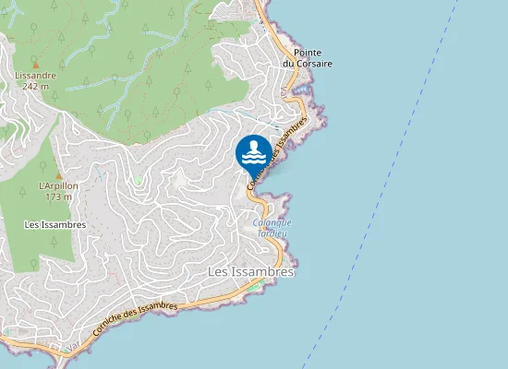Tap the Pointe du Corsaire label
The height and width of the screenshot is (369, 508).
(307, 58)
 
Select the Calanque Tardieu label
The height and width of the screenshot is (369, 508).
(272, 227)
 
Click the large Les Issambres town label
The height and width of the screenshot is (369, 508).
(250, 272)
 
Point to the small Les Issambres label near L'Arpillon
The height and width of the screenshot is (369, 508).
(55, 224)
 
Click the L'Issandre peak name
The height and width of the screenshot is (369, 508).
(35, 76)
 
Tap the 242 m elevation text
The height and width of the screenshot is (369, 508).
(35, 86)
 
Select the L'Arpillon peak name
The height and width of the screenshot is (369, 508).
(58, 186)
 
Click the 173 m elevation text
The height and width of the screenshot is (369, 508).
(58, 196)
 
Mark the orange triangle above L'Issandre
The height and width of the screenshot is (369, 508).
(35, 65)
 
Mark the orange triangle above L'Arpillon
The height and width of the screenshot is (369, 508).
(58, 175)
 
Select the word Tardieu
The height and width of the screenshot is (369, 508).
(272, 232)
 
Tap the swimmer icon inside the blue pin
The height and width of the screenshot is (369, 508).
(253, 150)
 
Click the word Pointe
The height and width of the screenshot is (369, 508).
(307, 53)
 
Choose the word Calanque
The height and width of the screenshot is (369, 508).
(272, 222)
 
